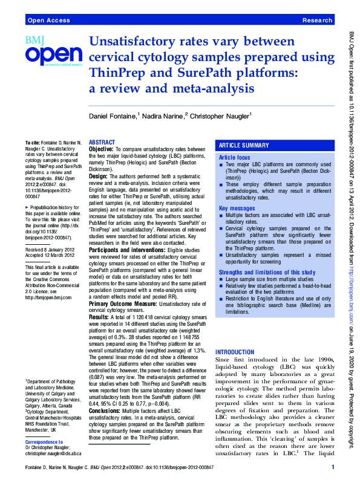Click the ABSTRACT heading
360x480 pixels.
coord(102,142)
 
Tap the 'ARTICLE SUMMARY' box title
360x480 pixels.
coord(243,146)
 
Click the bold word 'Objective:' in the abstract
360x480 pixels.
coord(103,149)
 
